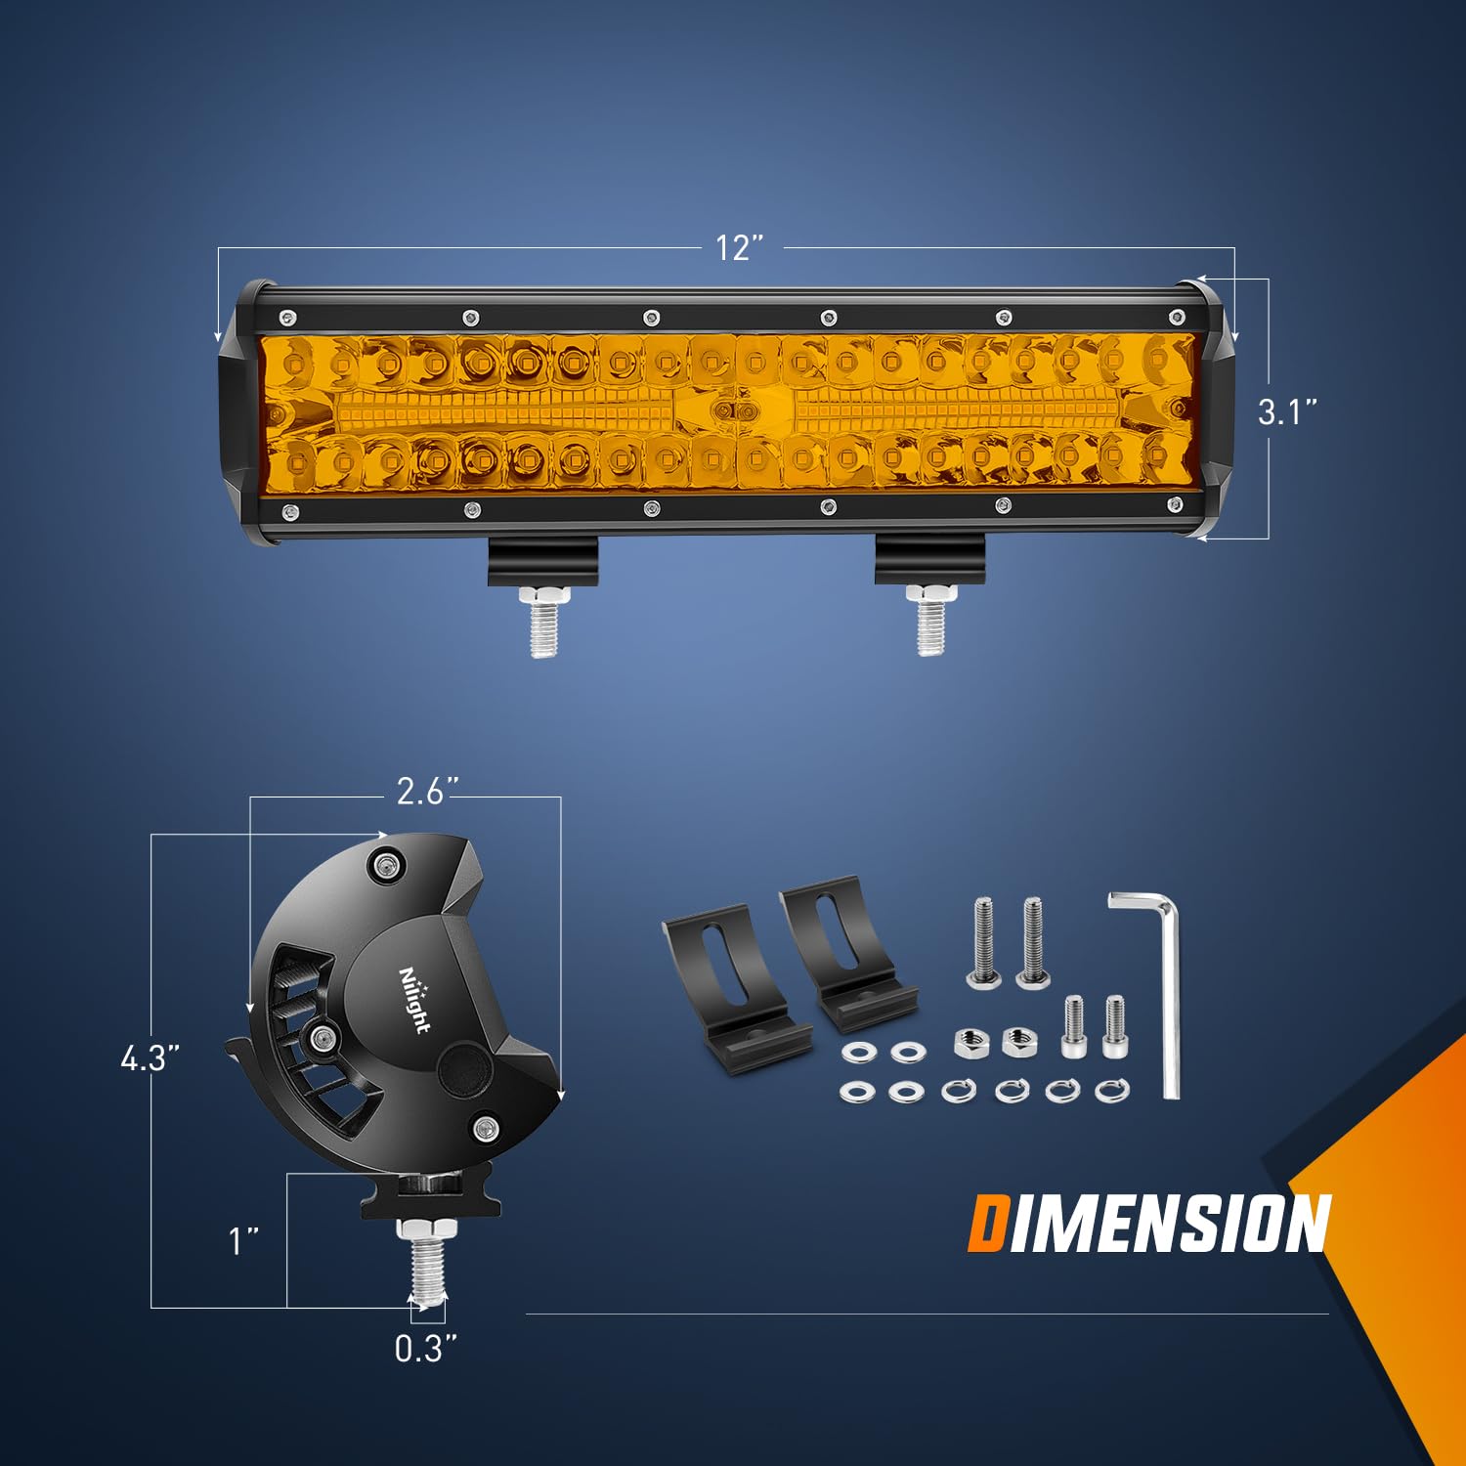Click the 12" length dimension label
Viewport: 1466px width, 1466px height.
pos(738,248)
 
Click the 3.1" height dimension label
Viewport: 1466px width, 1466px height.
pos(1287,411)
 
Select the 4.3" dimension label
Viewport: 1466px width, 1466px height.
pos(150,1057)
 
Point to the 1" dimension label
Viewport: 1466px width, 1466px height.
pos(243,1241)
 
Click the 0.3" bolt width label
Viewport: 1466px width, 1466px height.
pos(425,1349)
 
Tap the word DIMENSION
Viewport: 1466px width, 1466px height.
pos(1149,1224)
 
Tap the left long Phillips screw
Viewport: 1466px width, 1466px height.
pos(983,943)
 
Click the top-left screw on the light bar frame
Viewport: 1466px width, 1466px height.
pos(286,317)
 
